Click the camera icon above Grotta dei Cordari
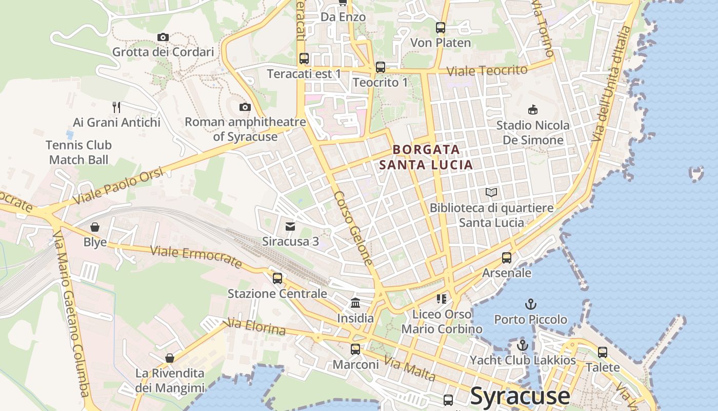pos(163,37)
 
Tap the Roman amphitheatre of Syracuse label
pos(245,129)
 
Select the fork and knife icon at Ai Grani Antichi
pos(116,107)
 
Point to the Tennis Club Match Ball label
pos(78,152)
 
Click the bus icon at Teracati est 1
pos(304,58)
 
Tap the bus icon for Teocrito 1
pos(380,67)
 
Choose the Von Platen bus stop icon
pos(441,28)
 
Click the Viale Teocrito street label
pos(487,70)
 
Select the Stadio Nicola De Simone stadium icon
pos(533,109)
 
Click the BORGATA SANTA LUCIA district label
pos(426,157)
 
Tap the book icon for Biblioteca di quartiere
pos(491,193)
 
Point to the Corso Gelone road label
pos(353,228)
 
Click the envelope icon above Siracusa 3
pos(290,226)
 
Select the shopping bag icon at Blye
pos(95,227)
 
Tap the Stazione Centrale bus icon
pos(277,278)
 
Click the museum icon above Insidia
pos(355,303)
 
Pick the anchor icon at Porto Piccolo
pos(531,304)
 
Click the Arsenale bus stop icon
pos(507,257)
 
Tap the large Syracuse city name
pos(520,396)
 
